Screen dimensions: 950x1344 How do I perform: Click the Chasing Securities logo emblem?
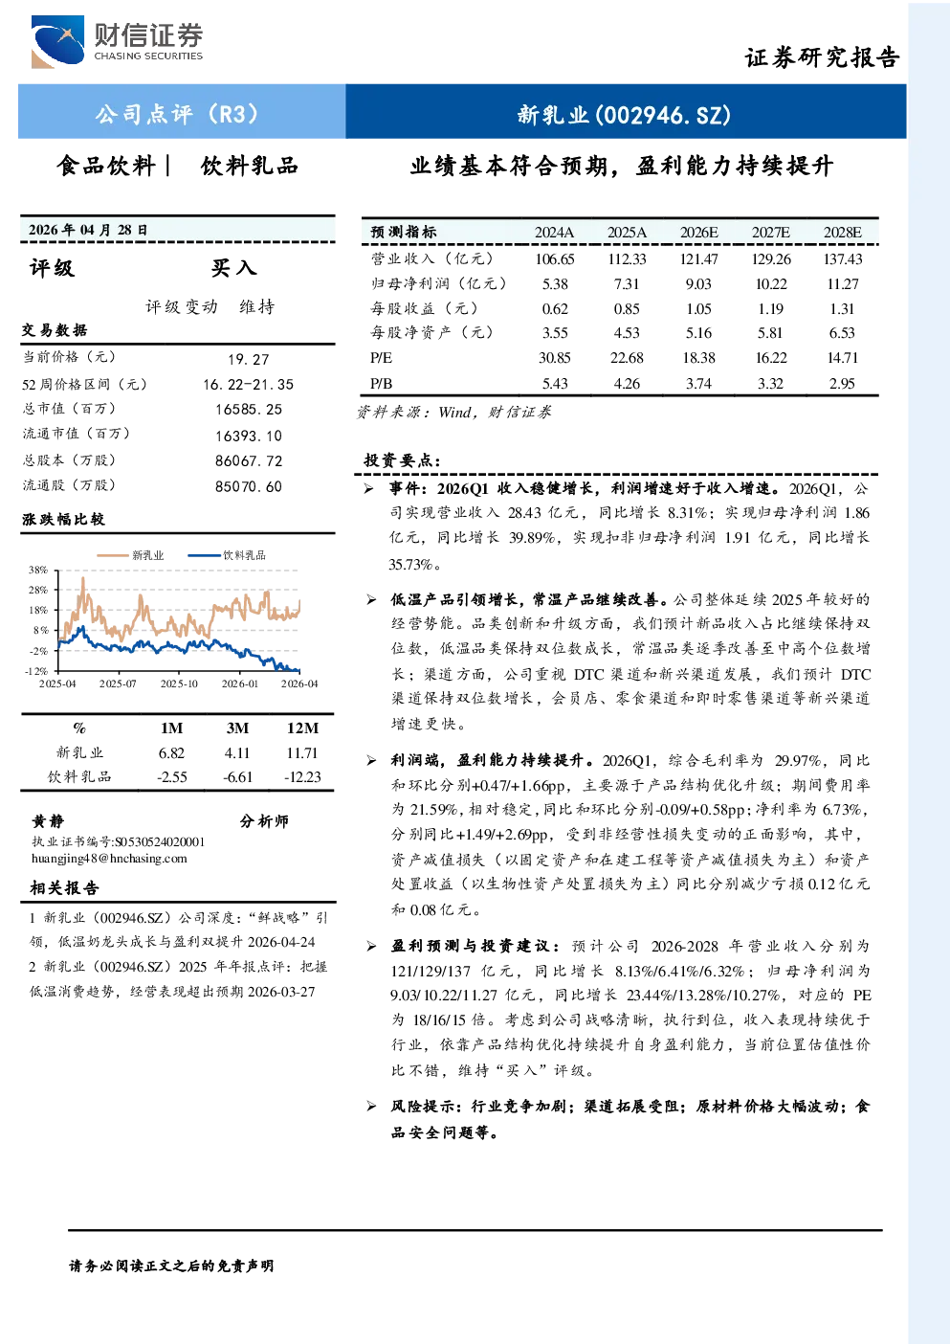[x=58, y=41]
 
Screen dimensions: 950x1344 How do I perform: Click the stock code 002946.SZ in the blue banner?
[x=662, y=114]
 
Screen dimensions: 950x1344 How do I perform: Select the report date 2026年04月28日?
[x=88, y=230]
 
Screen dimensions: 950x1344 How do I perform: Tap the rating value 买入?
[x=233, y=268]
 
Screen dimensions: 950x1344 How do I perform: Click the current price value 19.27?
[x=249, y=359]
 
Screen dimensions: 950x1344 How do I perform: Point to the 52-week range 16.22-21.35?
[x=249, y=385]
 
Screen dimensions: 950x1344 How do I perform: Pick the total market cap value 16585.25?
[x=249, y=410]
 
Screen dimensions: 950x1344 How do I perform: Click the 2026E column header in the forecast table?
[x=698, y=233]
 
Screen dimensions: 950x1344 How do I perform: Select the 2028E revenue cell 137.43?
[x=843, y=259]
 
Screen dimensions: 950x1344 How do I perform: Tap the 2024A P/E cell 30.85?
[x=555, y=358]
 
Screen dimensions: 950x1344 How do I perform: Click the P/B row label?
[x=382, y=384]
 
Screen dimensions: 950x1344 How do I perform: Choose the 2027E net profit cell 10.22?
[x=771, y=284]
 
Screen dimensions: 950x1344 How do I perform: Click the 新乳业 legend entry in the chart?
[x=131, y=555]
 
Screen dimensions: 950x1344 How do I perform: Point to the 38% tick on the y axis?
[x=38, y=570]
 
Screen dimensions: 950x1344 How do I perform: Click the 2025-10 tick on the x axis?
[x=179, y=683]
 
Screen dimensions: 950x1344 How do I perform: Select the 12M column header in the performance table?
[x=303, y=728]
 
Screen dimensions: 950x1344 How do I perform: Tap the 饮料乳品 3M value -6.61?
[x=237, y=777]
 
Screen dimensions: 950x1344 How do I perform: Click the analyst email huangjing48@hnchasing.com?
[x=109, y=859]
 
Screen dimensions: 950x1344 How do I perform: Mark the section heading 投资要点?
[x=403, y=460]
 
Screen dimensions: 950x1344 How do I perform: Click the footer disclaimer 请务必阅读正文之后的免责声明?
[x=171, y=1266]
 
